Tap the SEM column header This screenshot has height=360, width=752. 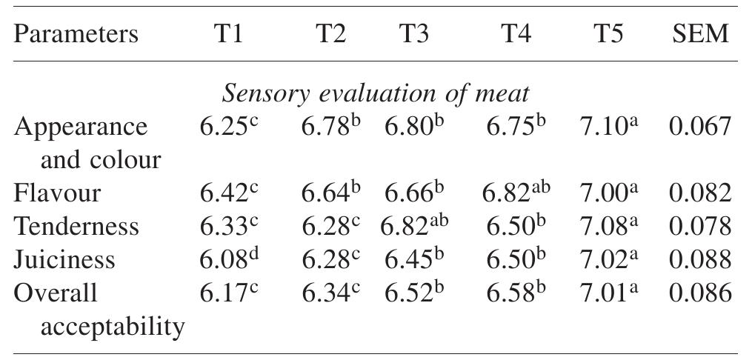pos(700,34)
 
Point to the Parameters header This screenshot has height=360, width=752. pos(76,34)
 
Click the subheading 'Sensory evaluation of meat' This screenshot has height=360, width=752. pos(376,94)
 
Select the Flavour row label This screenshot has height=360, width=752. pos(58,193)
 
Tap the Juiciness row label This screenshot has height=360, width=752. pos(65,259)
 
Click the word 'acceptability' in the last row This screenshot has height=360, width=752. pos(113,325)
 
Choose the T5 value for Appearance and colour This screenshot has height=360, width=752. pos(608,127)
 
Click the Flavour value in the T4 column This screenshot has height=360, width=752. pos(516,193)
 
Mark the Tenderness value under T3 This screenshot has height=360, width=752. pos(416,227)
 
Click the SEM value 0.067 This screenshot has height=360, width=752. pos(700,127)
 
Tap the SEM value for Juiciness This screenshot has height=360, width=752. pos(700,259)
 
